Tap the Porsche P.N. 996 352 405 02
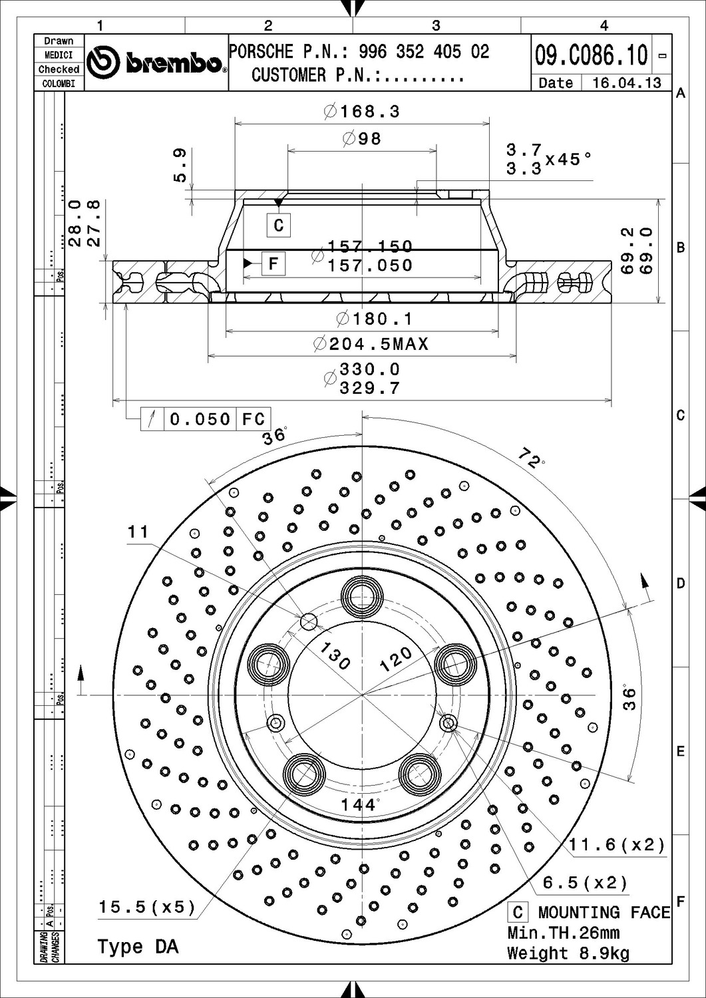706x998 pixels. [424, 52]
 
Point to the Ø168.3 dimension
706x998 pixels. [363, 111]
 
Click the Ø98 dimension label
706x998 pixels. [363, 138]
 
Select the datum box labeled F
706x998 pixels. [273, 263]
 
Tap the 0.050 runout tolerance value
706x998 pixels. [200, 419]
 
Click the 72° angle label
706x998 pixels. [531, 458]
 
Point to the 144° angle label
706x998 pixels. [359, 805]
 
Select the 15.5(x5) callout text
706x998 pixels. [147, 907]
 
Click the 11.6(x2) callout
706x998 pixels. [617, 845]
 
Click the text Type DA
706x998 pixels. [138, 947]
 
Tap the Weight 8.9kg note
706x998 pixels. [568, 953]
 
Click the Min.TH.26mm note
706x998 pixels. [563, 933]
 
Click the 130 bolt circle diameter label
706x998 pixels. [334, 656]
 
